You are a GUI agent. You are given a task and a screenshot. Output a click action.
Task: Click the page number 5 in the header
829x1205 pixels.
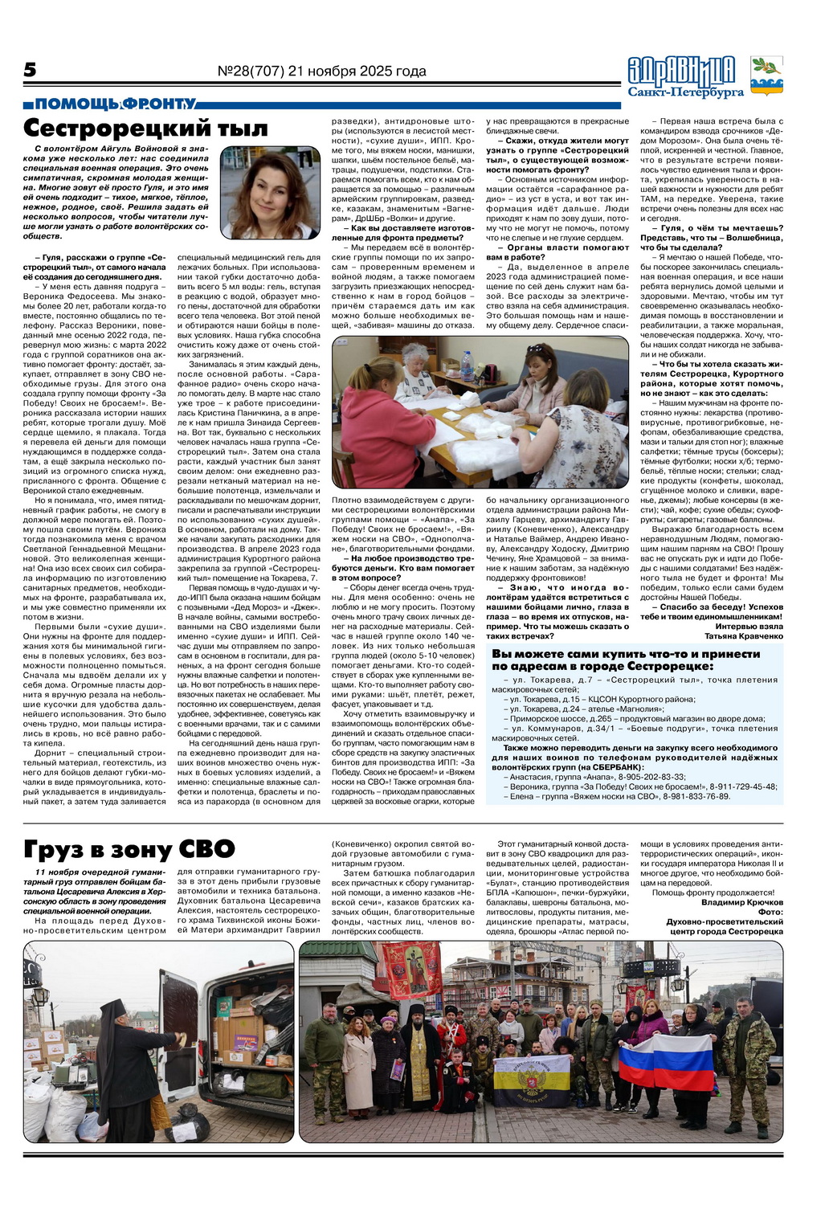[x=30, y=71]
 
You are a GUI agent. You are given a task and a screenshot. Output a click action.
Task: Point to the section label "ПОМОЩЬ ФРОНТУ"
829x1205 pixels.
[x=116, y=104]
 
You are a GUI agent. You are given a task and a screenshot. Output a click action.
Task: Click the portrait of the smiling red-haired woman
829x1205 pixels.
[x=271, y=194]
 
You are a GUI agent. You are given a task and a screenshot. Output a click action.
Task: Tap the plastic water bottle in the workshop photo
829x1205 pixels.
[x=467, y=366]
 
